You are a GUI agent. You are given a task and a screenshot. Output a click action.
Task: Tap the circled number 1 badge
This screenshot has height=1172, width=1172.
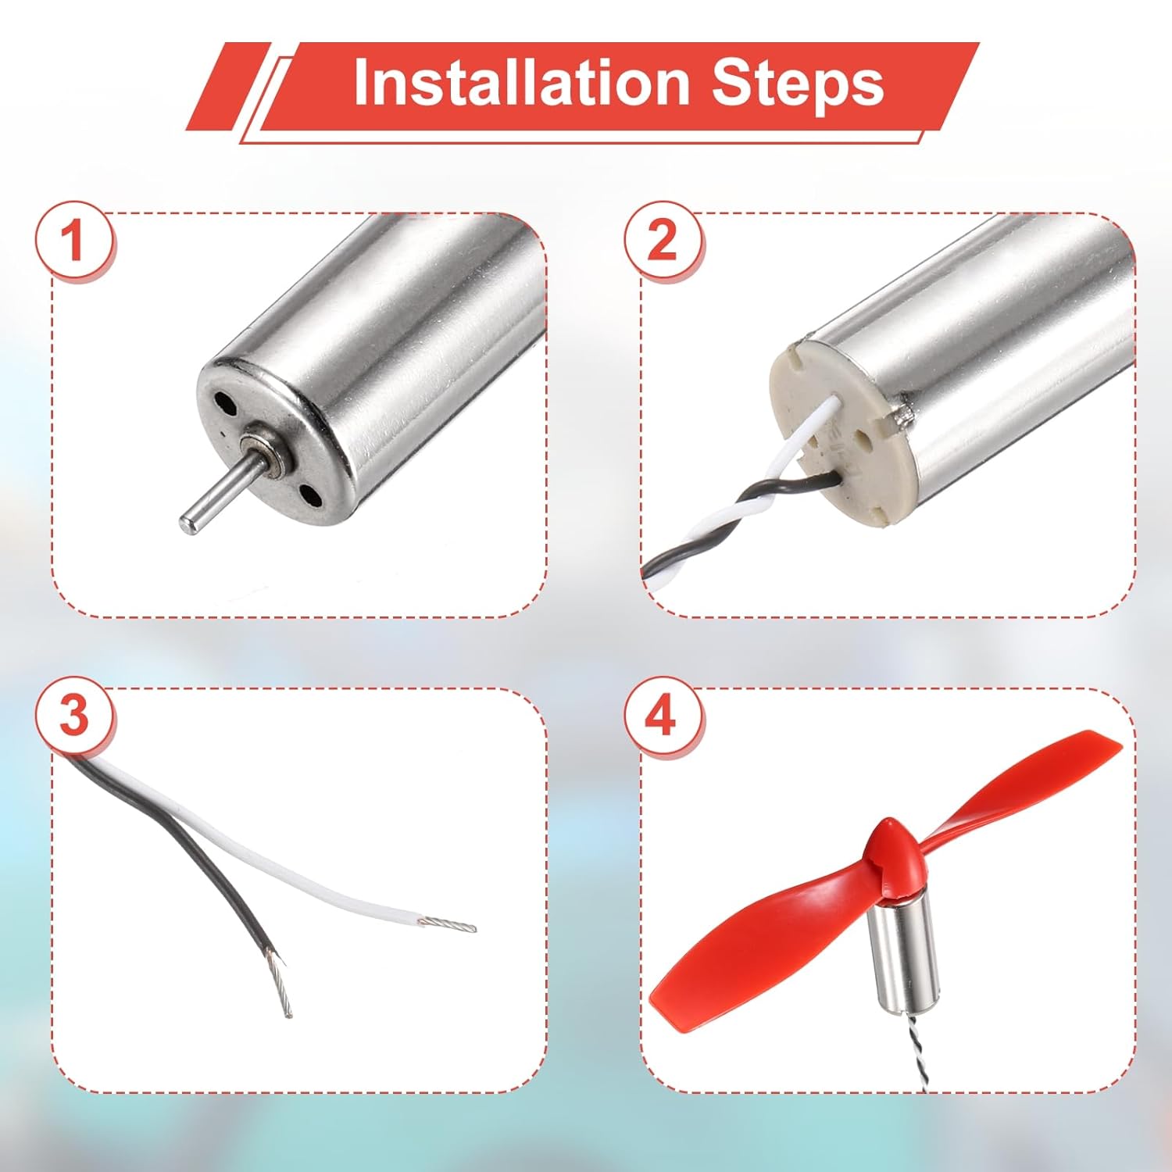[75, 239]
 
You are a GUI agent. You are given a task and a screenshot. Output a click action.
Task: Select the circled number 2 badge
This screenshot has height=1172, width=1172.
[663, 239]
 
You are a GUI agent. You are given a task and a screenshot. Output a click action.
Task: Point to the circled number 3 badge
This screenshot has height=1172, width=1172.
[75, 716]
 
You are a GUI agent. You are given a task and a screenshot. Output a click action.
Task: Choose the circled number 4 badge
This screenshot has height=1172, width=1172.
[663, 716]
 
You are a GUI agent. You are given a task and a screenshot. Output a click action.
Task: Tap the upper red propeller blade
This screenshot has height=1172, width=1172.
[1008, 789]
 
